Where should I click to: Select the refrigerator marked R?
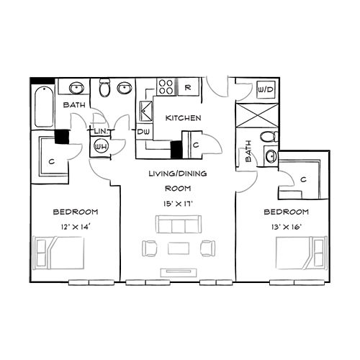187,88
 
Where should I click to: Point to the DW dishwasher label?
143,132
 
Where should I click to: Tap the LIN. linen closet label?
99,132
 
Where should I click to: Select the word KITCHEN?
183,117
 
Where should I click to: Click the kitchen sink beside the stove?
146,112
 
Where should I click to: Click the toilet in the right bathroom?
268,137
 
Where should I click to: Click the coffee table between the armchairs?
178,249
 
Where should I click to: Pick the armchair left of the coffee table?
150,248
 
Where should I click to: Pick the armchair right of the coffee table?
207,248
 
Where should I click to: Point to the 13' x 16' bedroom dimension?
286,227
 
